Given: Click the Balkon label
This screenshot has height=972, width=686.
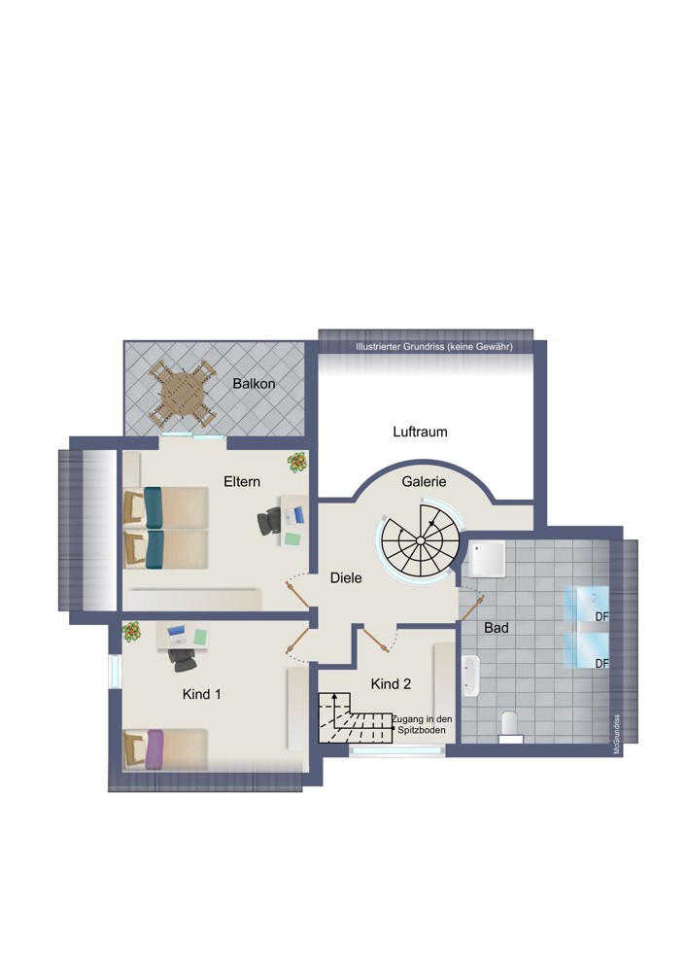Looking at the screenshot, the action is coord(254,384).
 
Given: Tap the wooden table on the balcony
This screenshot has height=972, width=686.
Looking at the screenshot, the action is coord(183,394).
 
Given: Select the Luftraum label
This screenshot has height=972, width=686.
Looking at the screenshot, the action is coord(420,432).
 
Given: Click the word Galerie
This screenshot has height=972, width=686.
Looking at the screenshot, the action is coord(424,482).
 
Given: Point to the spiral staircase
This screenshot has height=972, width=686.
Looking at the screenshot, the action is coord(420,540).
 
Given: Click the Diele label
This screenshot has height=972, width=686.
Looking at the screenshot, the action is coord(346,577).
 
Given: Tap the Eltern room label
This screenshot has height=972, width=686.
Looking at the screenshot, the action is coord(242,482).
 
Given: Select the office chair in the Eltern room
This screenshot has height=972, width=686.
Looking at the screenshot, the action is coord(269,520).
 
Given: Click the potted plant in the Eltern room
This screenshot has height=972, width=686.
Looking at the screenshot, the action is coord(296,463).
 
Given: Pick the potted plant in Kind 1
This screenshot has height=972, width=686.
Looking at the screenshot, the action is coord(131,633).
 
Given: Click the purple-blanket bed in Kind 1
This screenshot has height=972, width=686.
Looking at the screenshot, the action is coord(165,748).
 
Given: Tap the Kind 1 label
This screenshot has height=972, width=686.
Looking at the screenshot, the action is coord(201,694).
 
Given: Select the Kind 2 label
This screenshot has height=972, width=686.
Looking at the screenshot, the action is coord(391,683).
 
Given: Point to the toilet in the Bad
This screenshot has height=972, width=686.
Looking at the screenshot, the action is coord(511,726).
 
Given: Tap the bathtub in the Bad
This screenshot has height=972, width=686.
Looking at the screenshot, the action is coord(470,677).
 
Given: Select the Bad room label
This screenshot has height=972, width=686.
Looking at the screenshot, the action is coord(497,628).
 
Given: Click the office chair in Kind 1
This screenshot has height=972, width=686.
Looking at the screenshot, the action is coord(183,660).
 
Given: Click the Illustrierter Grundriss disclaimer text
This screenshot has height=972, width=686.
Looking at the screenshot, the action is coord(433,347).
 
